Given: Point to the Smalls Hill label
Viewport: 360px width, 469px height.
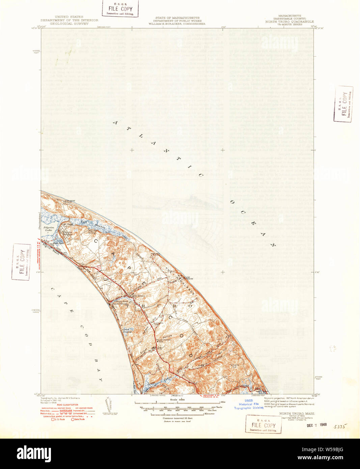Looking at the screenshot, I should pos(234,366).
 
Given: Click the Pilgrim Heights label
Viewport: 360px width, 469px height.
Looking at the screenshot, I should pos(66,233).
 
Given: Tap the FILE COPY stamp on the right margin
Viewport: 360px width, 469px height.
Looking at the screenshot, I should pos(343,104).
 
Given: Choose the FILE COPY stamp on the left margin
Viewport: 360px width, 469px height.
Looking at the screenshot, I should pos(21,262).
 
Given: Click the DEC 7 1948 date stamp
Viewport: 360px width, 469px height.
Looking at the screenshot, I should pos(317,424).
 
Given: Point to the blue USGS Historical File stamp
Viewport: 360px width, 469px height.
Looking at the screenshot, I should pos(249,404).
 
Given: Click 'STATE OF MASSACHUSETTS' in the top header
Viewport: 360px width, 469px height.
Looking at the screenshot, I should pos(177,18).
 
